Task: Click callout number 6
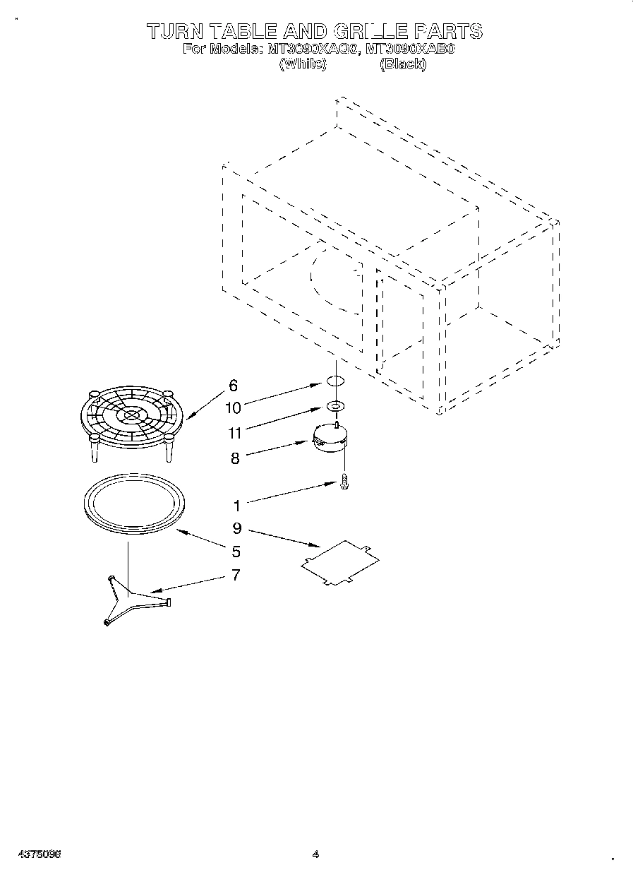(234, 386)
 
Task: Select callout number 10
(234, 408)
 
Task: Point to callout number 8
(235, 458)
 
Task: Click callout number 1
(237, 506)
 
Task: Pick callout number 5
(236, 552)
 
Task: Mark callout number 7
(236, 575)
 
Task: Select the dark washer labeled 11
(336, 407)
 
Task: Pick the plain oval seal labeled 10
(336, 383)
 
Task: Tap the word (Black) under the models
(403, 64)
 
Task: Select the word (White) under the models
(303, 64)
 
